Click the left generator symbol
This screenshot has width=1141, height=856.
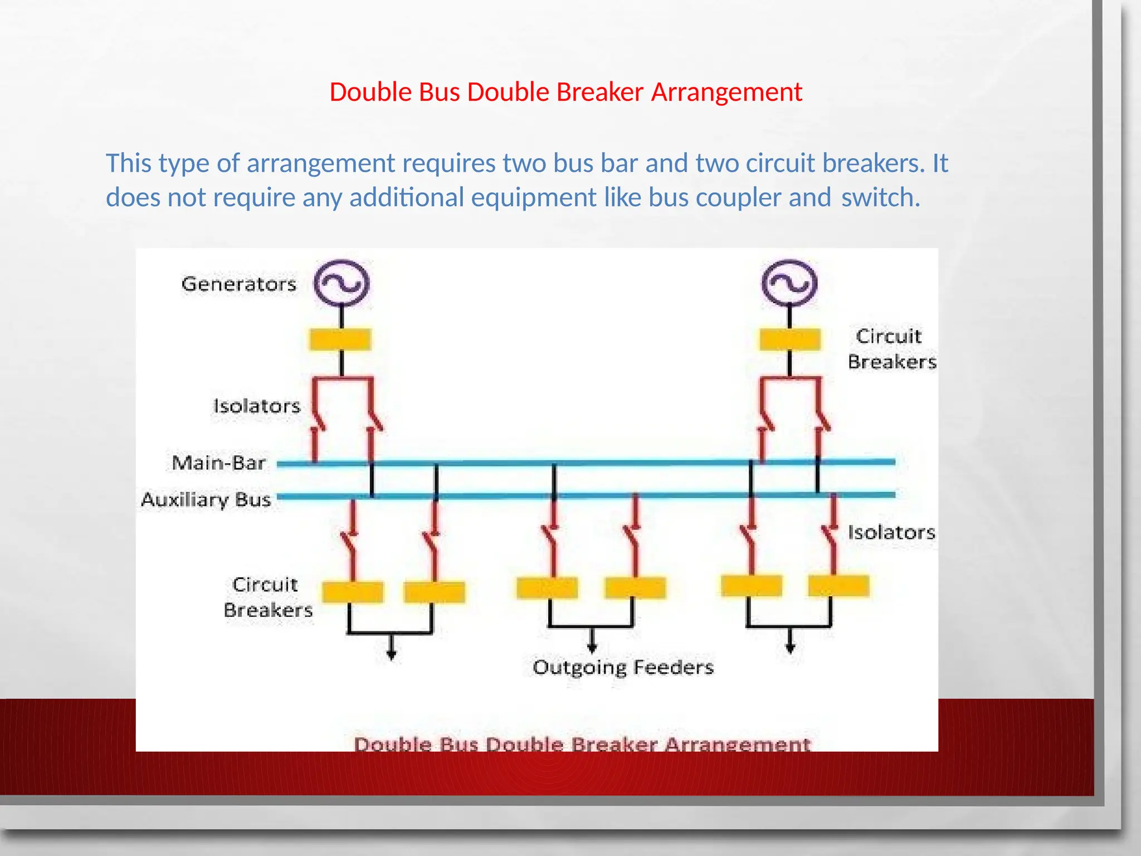342,283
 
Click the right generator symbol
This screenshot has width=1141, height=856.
789,283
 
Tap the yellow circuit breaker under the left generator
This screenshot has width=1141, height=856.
340,339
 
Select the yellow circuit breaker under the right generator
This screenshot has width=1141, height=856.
790,339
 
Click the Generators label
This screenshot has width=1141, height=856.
238,284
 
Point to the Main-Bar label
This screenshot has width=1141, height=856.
218,463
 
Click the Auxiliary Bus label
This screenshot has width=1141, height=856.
206,499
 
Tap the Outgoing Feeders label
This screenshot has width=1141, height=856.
623,667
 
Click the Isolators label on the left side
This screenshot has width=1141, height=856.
257,406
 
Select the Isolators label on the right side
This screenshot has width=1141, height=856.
891,532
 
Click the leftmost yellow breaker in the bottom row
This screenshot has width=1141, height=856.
353,592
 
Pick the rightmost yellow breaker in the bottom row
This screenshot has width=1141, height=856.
838,586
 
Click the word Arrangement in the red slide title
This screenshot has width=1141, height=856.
726,92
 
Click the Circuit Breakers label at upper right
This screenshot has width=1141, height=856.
891,349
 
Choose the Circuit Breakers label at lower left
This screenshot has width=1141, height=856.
267,597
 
